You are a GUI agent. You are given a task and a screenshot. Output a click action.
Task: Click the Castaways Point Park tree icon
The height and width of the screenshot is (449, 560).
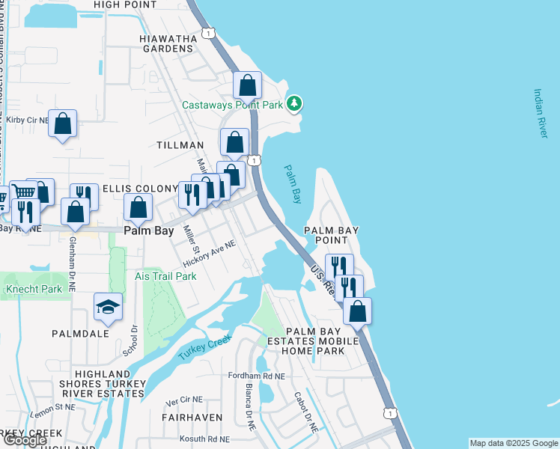pos(295,103)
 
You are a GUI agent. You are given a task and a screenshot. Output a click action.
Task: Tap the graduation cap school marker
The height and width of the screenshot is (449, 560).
pos(109,307)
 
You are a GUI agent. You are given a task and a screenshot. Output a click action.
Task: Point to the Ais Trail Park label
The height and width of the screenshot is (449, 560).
pos(165,276)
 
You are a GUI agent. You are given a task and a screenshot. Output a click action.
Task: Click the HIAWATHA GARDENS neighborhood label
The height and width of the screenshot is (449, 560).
pos(167,43)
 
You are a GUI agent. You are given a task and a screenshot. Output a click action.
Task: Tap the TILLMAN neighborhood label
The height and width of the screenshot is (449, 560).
pos(180,144)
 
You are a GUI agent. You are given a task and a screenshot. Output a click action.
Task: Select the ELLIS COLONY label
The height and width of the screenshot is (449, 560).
pos(139,187)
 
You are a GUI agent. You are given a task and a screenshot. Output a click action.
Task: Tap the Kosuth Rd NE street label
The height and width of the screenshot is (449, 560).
pos(204,439)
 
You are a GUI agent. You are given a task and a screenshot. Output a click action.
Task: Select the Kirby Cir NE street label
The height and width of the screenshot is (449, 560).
pos(27,119)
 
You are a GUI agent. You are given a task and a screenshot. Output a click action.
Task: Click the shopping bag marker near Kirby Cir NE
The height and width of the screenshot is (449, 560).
pos(63,123)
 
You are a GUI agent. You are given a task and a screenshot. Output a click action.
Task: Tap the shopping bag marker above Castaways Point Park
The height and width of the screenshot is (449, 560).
pos(247,85)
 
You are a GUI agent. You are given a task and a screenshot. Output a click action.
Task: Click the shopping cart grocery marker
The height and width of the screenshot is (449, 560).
pos(24,193)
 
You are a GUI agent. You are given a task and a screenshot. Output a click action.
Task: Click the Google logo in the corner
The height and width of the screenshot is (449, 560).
pos(25,440)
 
